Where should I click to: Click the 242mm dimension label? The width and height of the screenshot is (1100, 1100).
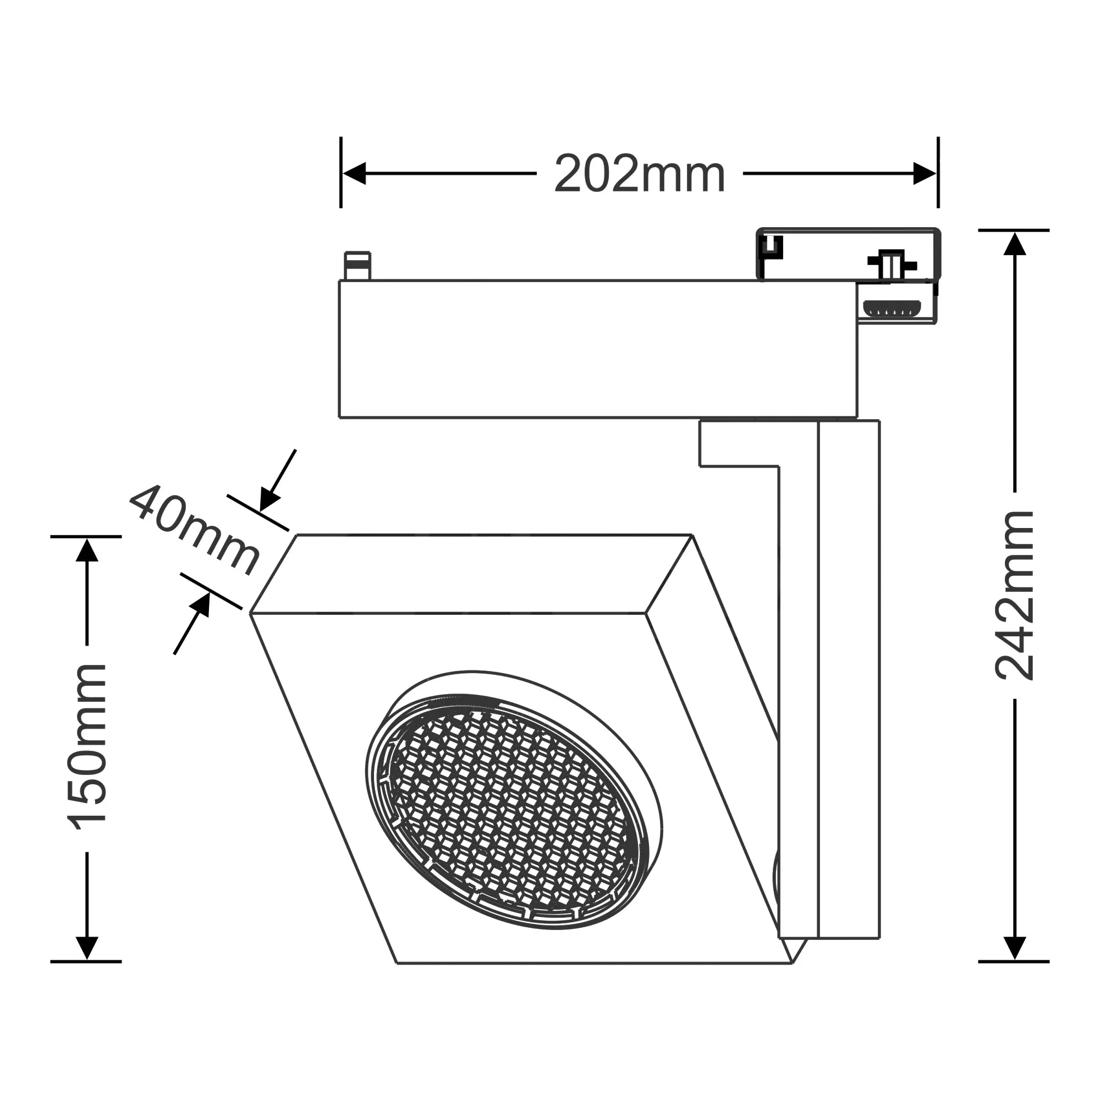1015,596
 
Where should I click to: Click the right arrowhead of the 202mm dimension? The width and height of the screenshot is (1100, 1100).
925,173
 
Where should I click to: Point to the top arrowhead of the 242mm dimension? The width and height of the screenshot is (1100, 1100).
1015,244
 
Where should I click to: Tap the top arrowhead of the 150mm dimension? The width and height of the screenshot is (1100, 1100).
86,549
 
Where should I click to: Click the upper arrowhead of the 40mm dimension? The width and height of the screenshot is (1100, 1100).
269,500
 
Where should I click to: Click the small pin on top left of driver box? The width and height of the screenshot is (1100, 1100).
358,265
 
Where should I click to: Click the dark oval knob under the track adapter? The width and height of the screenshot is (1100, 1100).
892,308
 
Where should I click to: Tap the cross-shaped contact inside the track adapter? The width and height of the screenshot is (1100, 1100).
891,265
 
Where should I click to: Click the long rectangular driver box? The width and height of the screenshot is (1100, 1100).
598,349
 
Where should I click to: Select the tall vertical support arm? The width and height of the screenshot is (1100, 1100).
848,683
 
